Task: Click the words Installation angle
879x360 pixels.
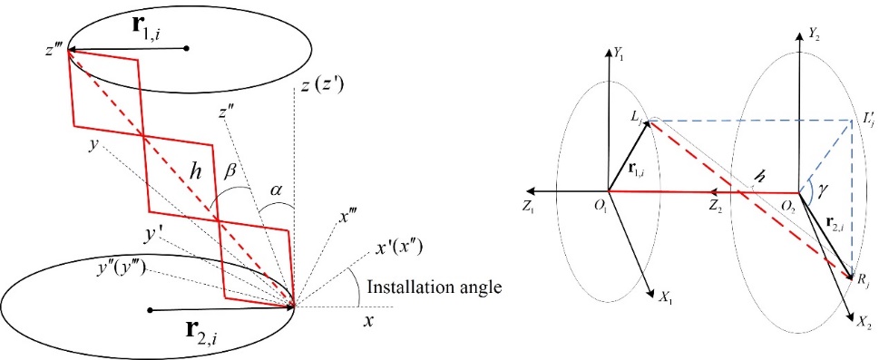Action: coord(433,288)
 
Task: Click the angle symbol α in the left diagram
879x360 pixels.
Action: coord(276,191)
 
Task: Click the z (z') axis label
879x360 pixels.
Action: coord(322,86)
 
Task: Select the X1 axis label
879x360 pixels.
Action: coord(666,300)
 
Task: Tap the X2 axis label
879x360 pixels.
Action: coord(864,323)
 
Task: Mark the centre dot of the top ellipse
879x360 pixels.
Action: coord(187,49)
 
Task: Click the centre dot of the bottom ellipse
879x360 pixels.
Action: coord(150,309)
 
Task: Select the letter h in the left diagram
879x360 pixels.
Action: coord(196,175)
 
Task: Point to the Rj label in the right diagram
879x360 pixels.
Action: coord(858,278)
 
